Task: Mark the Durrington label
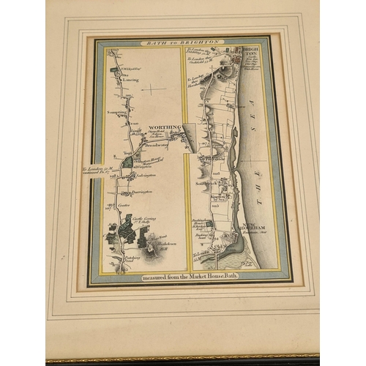point(144,191)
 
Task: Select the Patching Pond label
point(132,261)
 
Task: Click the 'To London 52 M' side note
point(95,173)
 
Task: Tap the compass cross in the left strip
point(154,89)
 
